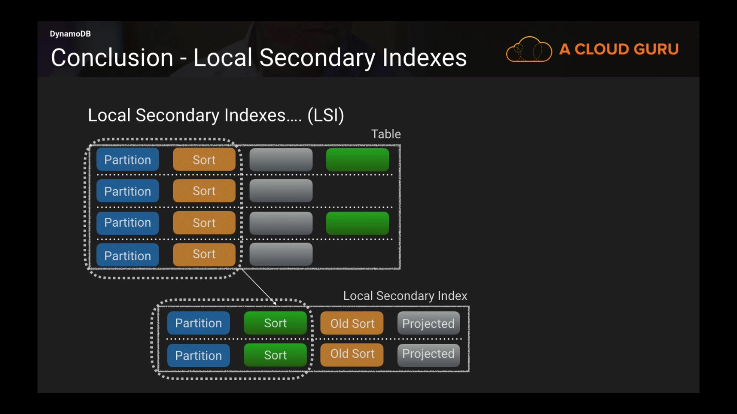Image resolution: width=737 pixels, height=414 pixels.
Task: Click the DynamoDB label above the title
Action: pyautogui.click(x=70, y=34)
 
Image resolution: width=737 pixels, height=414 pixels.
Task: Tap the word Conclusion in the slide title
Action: pyautogui.click(x=112, y=58)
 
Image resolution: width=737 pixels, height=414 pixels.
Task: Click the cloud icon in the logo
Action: pyautogui.click(x=529, y=49)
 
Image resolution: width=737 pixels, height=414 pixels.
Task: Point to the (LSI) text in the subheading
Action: pyautogui.click(x=326, y=115)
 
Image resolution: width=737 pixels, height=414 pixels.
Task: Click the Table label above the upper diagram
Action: pyautogui.click(x=386, y=134)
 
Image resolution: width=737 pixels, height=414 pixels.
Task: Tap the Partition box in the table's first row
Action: pyautogui.click(x=127, y=160)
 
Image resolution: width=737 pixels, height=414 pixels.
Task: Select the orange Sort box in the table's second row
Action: pyautogui.click(x=204, y=191)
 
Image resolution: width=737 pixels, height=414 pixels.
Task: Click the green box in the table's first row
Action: pyautogui.click(x=357, y=160)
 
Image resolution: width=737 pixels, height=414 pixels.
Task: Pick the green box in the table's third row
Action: pyautogui.click(x=357, y=223)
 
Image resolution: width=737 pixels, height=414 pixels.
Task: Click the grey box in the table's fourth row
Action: pyautogui.click(x=281, y=254)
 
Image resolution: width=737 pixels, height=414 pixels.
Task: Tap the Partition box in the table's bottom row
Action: pyautogui.click(x=127, y=255)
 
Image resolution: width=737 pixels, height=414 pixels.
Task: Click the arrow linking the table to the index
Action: pyautogui.click(x=258, y=286)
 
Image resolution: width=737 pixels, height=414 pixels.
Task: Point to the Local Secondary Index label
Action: pyautogui.click(x=405, y=296)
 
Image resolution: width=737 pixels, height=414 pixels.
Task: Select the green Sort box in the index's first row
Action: pyautogui.click(x=275, y=323)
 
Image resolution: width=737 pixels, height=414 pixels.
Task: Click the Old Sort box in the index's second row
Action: pyautogui.click(x=352, y=354)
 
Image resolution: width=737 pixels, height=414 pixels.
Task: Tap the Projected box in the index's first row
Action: pyautogui.click(x=428, y=324)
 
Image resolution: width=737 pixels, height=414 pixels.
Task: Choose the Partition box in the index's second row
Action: pyautogui.click(x=198, y=355)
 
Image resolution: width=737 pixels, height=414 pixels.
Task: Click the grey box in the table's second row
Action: pyautogui.click(x=281, y=191)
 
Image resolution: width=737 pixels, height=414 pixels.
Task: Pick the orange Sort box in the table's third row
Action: pyautogui.click(x=204, y=223)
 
